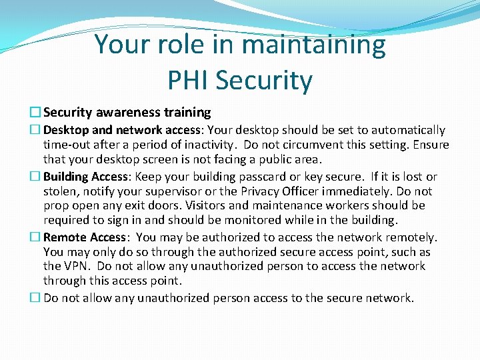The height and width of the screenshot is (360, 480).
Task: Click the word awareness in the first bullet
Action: click(126, 113)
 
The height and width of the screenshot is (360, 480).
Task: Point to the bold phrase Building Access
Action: click(85, 177)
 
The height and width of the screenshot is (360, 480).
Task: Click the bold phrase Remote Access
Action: click(85, 237)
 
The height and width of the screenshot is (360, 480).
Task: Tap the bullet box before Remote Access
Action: click(38, 237)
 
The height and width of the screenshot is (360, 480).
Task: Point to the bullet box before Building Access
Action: click(38, 177)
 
